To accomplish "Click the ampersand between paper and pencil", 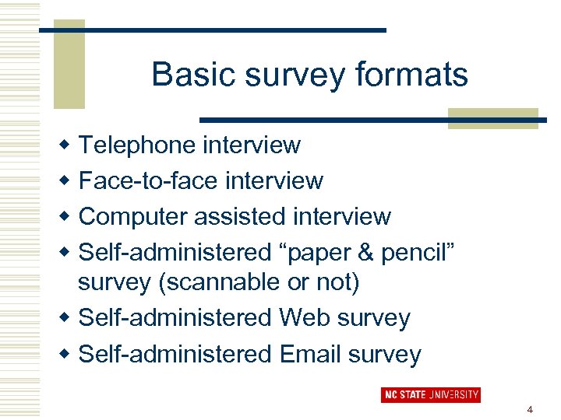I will click(365, 253).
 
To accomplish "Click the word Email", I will click(309, 355).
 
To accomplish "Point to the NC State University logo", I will click(430, 395).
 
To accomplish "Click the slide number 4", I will click(530, 409).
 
